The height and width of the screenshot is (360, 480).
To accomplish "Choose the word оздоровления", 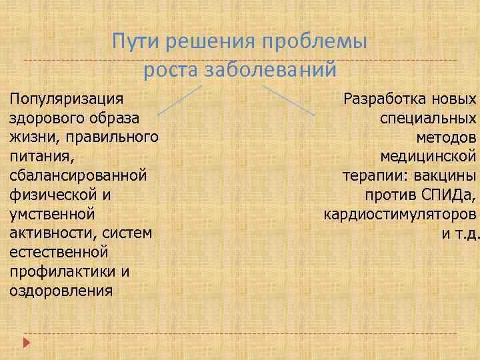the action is click(x=61, y=291).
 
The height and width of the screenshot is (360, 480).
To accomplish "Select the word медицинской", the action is click(x=428, y=157).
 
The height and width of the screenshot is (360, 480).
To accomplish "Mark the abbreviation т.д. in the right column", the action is click(x=465, y=234).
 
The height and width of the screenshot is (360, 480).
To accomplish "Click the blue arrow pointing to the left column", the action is click(x=178, y=100).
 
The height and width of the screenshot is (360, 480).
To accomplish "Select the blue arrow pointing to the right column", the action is click(x=289, y=100).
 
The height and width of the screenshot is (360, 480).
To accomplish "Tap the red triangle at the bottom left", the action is click(x=27, y=342).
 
